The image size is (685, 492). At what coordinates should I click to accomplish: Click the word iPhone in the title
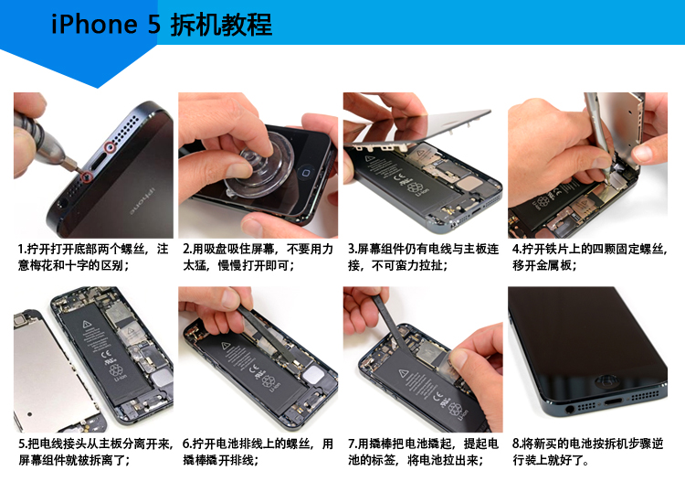(x=94, y=24)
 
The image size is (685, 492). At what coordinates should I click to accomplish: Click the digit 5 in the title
(x=154, y=25)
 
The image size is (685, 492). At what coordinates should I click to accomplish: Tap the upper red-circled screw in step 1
(x=110, y=148)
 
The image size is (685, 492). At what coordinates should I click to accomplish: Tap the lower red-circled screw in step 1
(x=87, y=176)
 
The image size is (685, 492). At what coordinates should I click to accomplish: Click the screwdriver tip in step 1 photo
(x=80, y=171)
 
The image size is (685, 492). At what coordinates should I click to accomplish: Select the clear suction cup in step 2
(x=258, y=168)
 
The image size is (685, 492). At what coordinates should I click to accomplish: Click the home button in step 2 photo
(x=307, y=173)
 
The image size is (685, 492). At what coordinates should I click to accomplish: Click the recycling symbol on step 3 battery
(x=413, y=187)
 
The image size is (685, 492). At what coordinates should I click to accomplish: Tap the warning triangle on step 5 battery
(x=87, y=324)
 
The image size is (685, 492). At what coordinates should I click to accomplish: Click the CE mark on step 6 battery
(x=254, y=369)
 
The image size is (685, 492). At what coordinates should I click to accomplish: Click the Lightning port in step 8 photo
(x=614, y=401)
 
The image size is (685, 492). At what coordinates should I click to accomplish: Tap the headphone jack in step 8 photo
(x=570, y=410)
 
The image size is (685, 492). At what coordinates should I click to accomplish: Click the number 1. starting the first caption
(x=22, y=250)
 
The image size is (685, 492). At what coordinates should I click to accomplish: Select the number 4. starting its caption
(x=517, y=250)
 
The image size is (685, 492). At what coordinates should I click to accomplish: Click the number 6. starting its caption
(x=187, y=444)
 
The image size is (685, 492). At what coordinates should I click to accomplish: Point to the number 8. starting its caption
(x=517, y=444)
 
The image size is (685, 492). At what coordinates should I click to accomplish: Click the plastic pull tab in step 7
(x=448, y=364)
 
